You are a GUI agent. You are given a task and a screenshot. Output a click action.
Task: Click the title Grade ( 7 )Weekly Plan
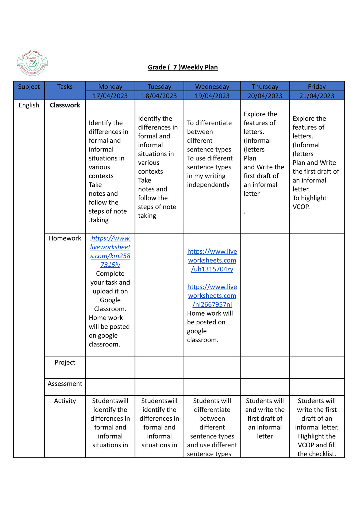tap(183, 67)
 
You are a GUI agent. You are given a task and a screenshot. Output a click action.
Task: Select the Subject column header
tap(29, 87)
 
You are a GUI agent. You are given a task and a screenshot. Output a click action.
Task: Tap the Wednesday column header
tap(212, 87)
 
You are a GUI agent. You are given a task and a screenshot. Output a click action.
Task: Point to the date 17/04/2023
tap(110, 96)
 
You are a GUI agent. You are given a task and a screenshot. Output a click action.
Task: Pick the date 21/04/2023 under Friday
tap(317, 96)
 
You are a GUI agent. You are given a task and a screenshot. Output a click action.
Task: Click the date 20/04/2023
tap(265, 96)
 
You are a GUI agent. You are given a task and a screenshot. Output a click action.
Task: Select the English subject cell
tap(29, 105)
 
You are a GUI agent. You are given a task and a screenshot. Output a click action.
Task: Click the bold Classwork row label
tap(65, 105)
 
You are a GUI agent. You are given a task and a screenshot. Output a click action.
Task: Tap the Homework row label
tap(65, 238)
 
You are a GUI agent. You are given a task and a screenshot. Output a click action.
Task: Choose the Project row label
tap(65, 362)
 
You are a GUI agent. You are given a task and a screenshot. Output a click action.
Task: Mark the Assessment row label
tap(65, 384)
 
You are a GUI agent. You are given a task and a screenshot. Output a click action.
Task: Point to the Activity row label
tap(65, 401)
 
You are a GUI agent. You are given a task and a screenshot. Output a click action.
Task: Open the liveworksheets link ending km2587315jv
tap(110, 251)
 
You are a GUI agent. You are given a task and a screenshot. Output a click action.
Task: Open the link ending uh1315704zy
tap(212, 260)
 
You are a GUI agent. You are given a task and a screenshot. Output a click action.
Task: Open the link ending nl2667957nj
tap(212, 296)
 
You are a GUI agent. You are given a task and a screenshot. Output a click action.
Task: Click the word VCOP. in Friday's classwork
tap(301, 207)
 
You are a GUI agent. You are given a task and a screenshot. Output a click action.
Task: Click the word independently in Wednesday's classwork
tap(208, 185)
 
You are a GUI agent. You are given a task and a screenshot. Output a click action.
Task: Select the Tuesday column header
tap(159, 87)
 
